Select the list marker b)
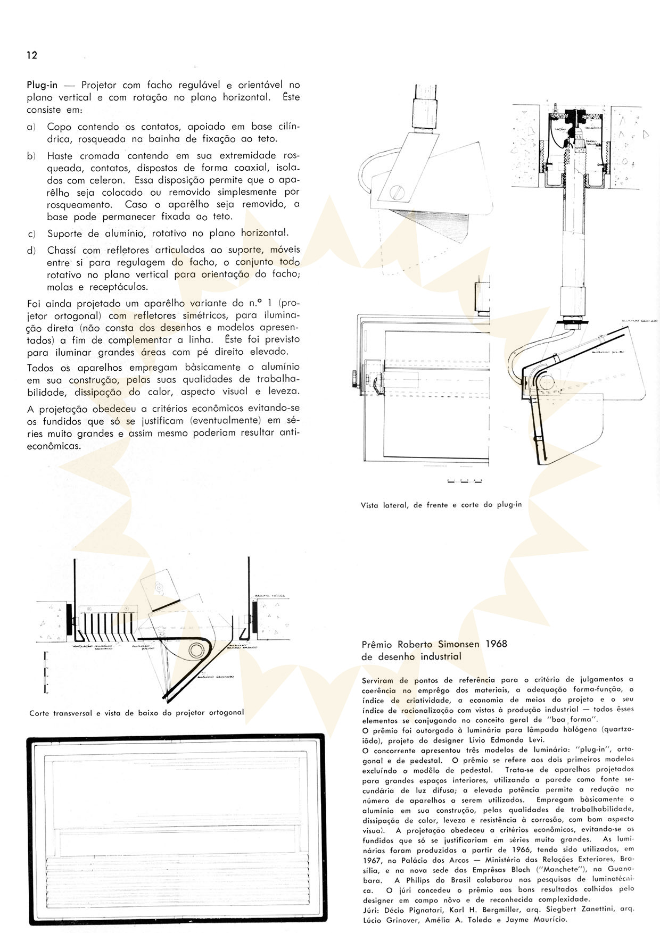31,156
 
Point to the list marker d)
31,251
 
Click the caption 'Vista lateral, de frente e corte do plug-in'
441,505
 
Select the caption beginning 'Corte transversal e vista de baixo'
137,712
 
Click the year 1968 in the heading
496,644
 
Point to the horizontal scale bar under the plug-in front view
465,482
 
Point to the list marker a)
31,127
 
